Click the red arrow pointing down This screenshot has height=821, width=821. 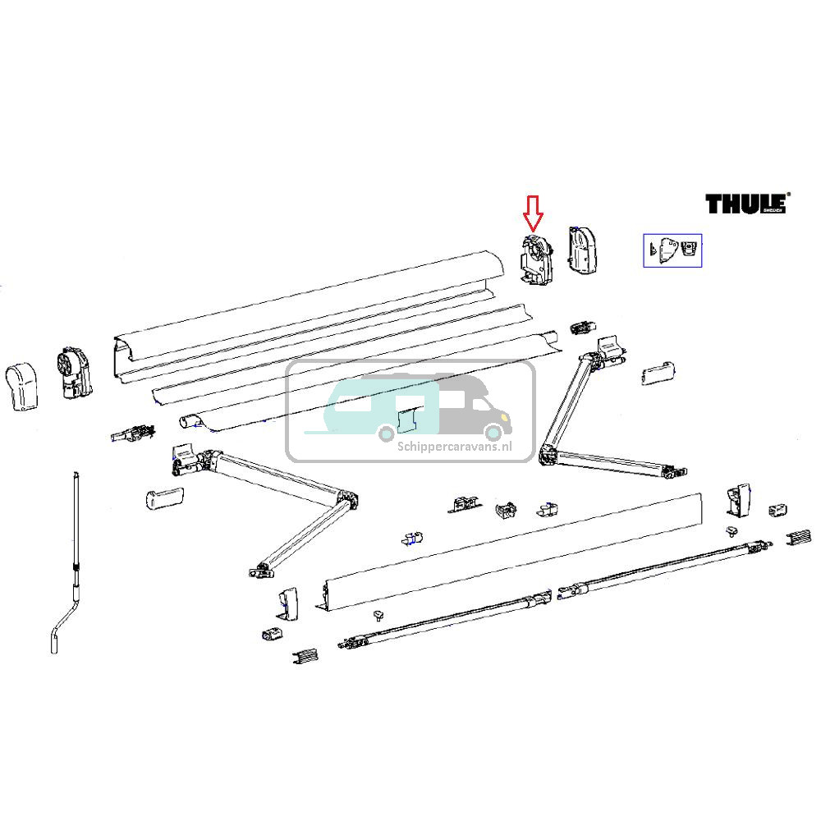coord(534,213)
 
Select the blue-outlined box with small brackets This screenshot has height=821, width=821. coord(672,250)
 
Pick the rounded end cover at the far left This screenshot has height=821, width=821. coord(22,385)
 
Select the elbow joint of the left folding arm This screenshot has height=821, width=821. coord(346,501)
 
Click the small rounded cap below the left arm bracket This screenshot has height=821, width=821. coord(162,498)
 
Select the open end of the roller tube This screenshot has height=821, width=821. coord(189,420)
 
